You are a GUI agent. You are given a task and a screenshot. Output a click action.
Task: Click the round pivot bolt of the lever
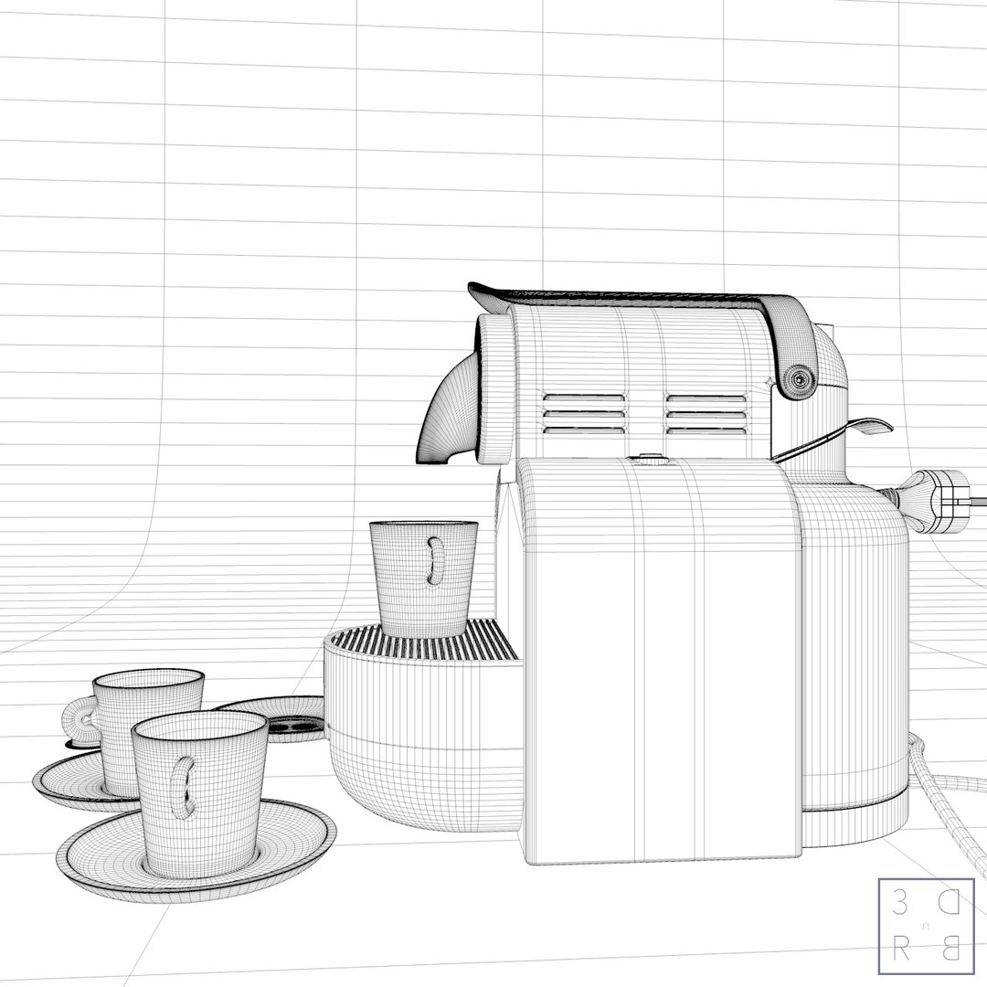(801, 376)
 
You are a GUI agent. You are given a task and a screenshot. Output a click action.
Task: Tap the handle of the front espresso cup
(186, 787)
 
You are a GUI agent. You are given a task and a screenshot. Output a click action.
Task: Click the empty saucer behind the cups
(274, 713)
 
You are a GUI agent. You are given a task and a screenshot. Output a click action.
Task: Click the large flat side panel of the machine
(658, 658)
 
